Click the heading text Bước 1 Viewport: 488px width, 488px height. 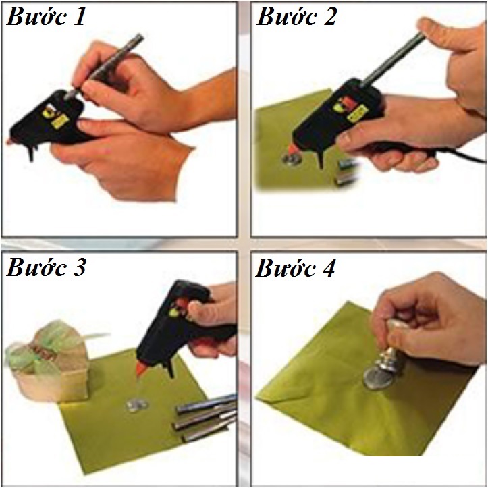(x=46, y=16)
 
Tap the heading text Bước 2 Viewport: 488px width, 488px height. (x=296, y=16)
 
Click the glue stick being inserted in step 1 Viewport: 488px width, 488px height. (x=105, y=65)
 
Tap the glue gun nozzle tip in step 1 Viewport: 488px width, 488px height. (x=8, y=142)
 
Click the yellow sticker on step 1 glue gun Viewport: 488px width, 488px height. (x=60, y=121)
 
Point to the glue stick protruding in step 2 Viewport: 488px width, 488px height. (x=393, y=59)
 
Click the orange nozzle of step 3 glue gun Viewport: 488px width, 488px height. (x=141, y=369)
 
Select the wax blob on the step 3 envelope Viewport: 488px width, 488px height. (x=137, y=404)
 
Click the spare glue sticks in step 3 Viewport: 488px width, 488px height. (x=205, y=417)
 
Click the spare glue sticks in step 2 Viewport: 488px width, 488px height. (x=346, y=171)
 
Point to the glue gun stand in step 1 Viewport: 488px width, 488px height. (x=31, y=153)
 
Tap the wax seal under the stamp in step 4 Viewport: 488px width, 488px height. (x=377, y=378)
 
